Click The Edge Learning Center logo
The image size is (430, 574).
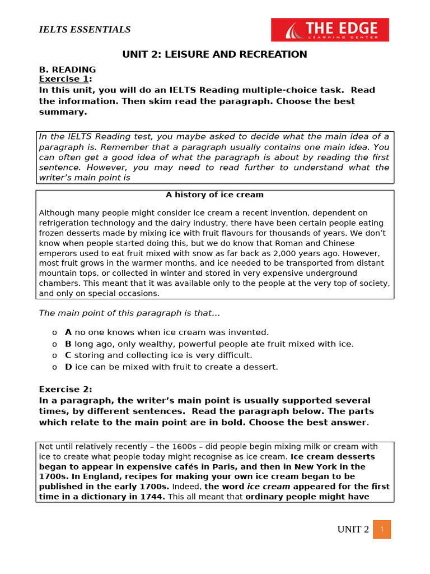330,30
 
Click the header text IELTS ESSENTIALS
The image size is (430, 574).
85,30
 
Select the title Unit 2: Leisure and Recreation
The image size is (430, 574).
215,54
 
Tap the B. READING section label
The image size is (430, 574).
67,70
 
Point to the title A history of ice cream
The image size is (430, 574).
214,195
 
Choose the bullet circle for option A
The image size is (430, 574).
54,332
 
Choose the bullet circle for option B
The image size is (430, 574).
54,344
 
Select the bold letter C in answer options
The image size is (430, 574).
68,355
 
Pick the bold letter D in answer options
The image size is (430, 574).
68,367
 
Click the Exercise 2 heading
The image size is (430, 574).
66,389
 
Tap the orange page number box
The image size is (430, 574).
382,529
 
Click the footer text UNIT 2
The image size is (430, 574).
353,530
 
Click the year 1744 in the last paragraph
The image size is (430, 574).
151,497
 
